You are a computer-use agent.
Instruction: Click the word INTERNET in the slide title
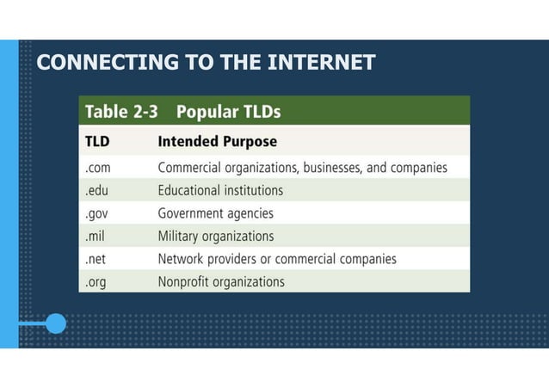(323, 63)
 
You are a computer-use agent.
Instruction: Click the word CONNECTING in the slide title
(95, 63)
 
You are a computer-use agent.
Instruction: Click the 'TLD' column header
(97, 141)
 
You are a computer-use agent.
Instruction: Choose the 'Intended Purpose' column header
(217, 141)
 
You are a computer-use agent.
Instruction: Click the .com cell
(98, 168)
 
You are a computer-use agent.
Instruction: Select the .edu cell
(96, 190)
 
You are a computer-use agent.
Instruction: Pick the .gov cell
(97, 213)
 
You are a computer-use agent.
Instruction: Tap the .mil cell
(96, 236)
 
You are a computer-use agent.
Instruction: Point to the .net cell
(96, 258)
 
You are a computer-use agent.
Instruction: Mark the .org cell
(96, 280)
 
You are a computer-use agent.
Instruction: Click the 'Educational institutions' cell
(220, 190)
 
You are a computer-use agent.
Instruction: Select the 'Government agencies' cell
(215, 213)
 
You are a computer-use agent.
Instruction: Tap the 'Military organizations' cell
(216, 236)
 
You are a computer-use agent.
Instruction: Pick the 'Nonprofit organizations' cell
(221, 280)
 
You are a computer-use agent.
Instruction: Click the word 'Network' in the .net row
(183, 258)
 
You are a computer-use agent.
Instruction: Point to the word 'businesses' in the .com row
(323, 168)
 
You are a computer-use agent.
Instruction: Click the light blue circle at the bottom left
(55, 324)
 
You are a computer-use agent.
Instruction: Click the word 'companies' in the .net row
(366, 258)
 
